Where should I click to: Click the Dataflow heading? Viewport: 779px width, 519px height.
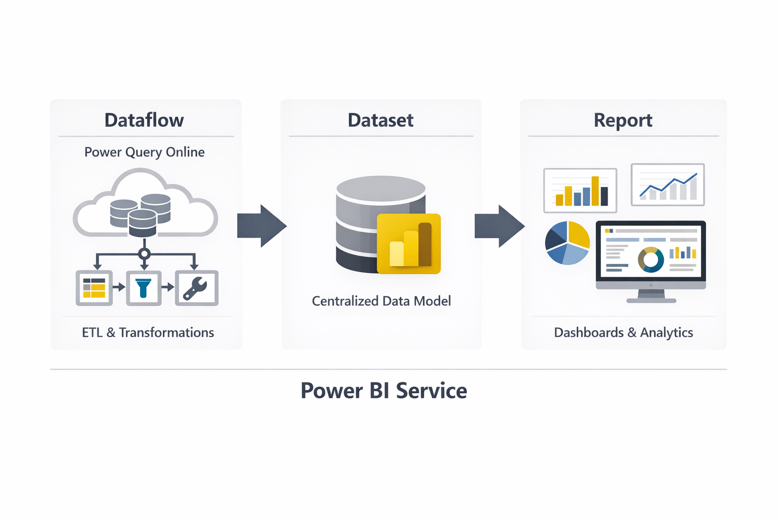pyautogui.click(x=144, y=120)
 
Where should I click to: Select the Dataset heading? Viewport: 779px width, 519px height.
pyautogui.click(x=380, y=120)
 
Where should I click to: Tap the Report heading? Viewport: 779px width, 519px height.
pyautogui.click(x=623, y=120)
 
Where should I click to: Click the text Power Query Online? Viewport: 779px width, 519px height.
pyautogui.click(x=145, y=152)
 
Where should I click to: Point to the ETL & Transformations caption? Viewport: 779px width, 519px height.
pyautogui.click(x=148, y=332)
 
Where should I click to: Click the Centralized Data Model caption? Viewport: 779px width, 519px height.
pyautogui.click(x=381, y=301)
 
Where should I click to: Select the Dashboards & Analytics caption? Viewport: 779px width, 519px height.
pyautogui.click(x=623, y=332)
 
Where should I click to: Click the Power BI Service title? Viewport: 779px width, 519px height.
pyautogui.click(x=383, y=391)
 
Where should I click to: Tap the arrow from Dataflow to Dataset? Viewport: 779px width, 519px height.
pyautogui.click(x=261, y=226)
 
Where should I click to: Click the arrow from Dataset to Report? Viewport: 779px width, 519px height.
pyautogui.click(x=499, y=226)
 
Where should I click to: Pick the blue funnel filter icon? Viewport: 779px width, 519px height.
pyautogui.click(x=144, y=288)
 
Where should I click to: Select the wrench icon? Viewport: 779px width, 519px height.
pyautogui.click(x=196, y=288)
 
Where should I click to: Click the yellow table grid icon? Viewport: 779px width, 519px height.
pyautogui.click(x=94, y=288)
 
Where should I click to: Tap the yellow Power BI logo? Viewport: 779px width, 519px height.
pyautogui.click(x=409, y=244)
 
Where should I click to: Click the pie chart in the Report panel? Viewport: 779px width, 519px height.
pyautogui.click(x=567, y=243)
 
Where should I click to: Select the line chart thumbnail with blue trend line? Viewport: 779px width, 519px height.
pyautogui.click(x=667, y=184)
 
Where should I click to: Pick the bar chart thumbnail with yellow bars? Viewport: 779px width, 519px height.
pyautogui.click(x=580, y=191)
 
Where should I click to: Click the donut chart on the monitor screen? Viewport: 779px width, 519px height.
pyautogui.click(x=651, y=259)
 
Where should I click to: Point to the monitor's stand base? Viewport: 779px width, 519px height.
pyautogui.click(x=651, y=300)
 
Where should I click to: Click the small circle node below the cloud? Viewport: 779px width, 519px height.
pyautogui.click(x=145, y=254)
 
